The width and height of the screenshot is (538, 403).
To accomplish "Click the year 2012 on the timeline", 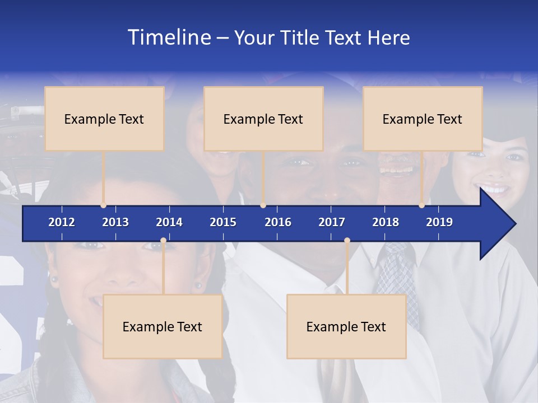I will (62, 222).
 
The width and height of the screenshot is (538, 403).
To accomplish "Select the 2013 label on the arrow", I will (115, 222).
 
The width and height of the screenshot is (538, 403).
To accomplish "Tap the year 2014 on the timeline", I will (169, 222).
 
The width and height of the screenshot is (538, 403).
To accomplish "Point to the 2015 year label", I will (223, 222).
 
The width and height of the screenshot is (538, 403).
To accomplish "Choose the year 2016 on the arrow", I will (278, 222).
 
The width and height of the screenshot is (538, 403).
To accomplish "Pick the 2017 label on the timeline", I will (332, 222).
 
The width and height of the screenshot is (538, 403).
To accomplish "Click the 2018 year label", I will (386, 222).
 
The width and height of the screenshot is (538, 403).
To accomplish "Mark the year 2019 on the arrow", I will (439, 222).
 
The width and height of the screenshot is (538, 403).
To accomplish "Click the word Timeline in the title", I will (169, 38).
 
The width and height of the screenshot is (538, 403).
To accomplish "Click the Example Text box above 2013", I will (104, 119).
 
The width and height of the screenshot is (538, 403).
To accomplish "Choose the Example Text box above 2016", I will (263, 119).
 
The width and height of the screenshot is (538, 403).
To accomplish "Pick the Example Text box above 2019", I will (423, 119).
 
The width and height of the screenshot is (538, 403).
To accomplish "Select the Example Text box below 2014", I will (163, 326).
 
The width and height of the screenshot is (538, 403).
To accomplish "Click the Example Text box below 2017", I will (346, 326).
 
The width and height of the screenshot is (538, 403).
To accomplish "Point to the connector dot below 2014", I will (163, 241).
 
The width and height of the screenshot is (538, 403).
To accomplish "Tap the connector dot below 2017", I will (347, 241).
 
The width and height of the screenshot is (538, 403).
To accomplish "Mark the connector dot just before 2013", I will (104, 205).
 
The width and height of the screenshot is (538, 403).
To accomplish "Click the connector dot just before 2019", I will (422, 205).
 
